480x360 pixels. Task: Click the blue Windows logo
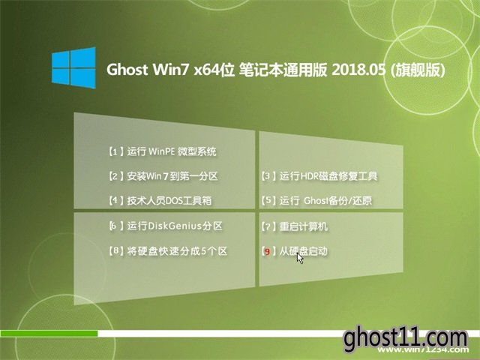tap(73, 68)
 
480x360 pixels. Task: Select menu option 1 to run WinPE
tap(163, 151)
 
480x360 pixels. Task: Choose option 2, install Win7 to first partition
tap(163, 176)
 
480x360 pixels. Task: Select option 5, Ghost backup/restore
tap(316, 200)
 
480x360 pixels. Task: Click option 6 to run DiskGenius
tap(166, 226)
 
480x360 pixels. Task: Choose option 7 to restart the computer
tap(295, 226)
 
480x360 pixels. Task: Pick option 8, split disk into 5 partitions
tap(168, 251)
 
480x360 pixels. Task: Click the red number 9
tap(267, 252)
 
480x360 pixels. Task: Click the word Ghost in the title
tap(127, 70)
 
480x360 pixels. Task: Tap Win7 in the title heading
tap(172, 70)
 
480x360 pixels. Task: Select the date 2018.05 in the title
tap(358, 70)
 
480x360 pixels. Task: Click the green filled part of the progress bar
tap(49, 333)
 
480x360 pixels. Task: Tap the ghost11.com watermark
tap(406, 338)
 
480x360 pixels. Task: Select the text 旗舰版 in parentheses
tap(418, 70)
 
